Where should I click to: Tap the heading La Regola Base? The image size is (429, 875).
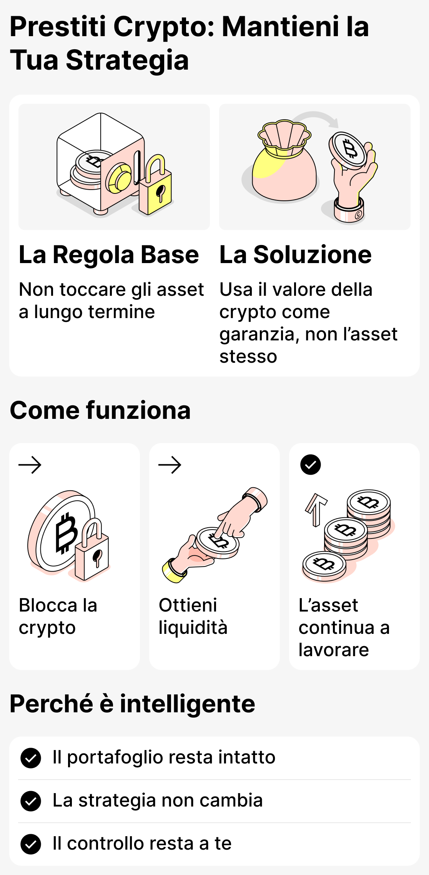click(x=109, y=255)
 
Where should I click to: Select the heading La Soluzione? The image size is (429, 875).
click(x=295, y=255)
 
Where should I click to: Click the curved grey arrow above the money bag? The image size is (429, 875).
click(x=317, y=117)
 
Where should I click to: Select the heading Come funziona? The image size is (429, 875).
click(x=100, y=410)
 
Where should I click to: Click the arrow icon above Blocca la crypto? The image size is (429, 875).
click(x=30, y=465)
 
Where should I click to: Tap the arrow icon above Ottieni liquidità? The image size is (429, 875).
click(x=170, y=465)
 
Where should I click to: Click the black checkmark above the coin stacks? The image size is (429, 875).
click(x=310, y=465)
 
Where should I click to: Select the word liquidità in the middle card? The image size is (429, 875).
click(x=193, y=628)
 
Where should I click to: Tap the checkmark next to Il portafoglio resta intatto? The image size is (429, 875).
click(x=31, y=758)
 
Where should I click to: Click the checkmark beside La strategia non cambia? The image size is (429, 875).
click(x=31, y=801)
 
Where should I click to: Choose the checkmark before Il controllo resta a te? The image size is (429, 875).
click(x=31, y=844)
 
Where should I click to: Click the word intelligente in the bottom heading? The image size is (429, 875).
click(x=187, y=704)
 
